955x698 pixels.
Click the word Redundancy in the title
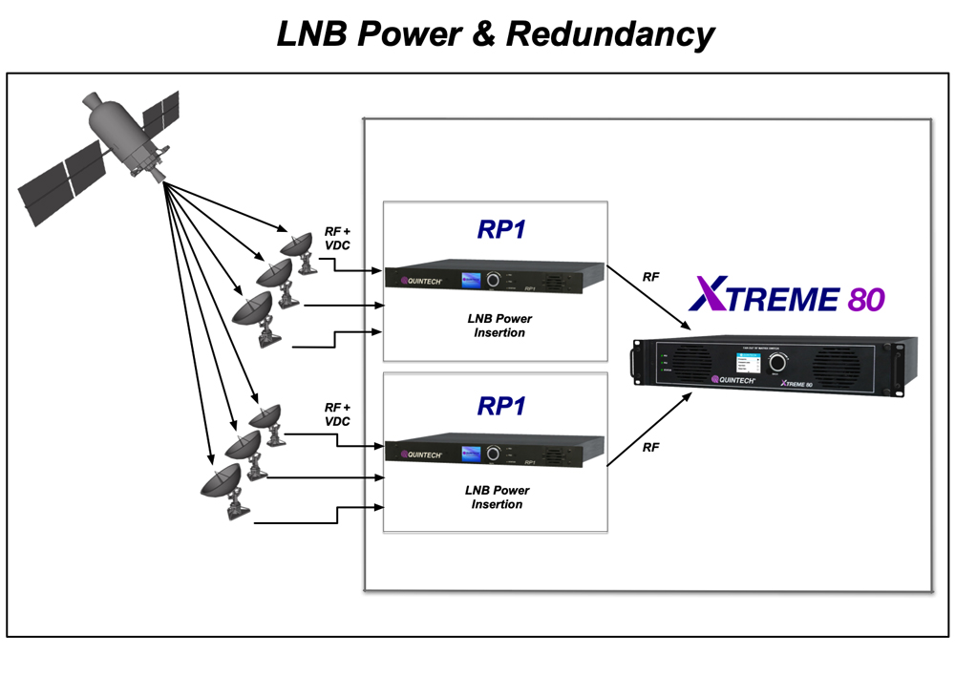click(610, 34)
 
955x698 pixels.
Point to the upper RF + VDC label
click(338, 238)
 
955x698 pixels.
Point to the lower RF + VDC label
click(338, 413)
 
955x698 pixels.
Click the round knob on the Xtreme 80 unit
click(779, 364)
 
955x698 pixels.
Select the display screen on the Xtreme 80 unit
click(742, 365)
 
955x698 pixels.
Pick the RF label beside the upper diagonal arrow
click(650, 277)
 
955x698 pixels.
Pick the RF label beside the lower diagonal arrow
click(650, 447)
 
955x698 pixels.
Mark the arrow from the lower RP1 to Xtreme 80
click(649, 429)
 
